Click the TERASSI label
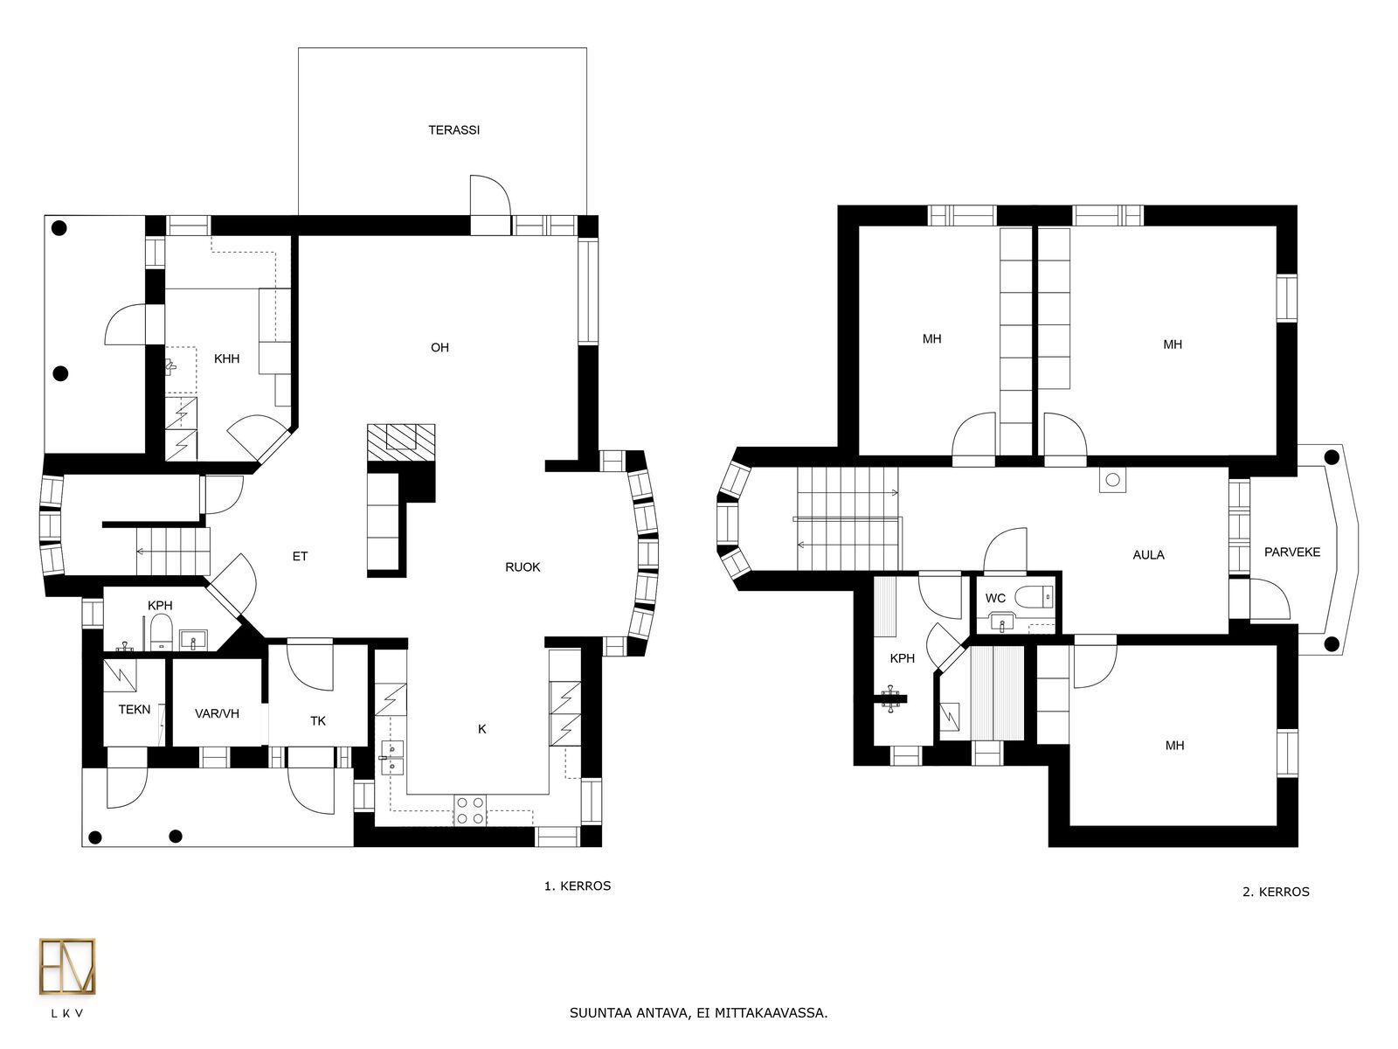(x=453, y=130)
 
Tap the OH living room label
(x=439, y=347)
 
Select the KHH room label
(x=226, y=358)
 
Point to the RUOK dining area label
(x=523, y=566)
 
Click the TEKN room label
(x=135, y=710)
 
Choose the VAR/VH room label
(x=218, y=713)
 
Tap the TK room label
(x=318, y=721)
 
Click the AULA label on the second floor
(x=1148, y=555)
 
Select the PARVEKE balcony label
(x=1292, y=552)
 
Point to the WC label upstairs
(x=995, y=598)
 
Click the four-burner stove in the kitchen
(x=470, y=811)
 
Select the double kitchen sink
(x=391, y=757)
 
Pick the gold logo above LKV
(x=67, y=966)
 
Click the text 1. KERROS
(x=577, y=886)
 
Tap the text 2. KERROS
(x=1276, y=892)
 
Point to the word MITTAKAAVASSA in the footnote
(x=772, y=1012)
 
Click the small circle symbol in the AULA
(x=1112, y=480)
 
